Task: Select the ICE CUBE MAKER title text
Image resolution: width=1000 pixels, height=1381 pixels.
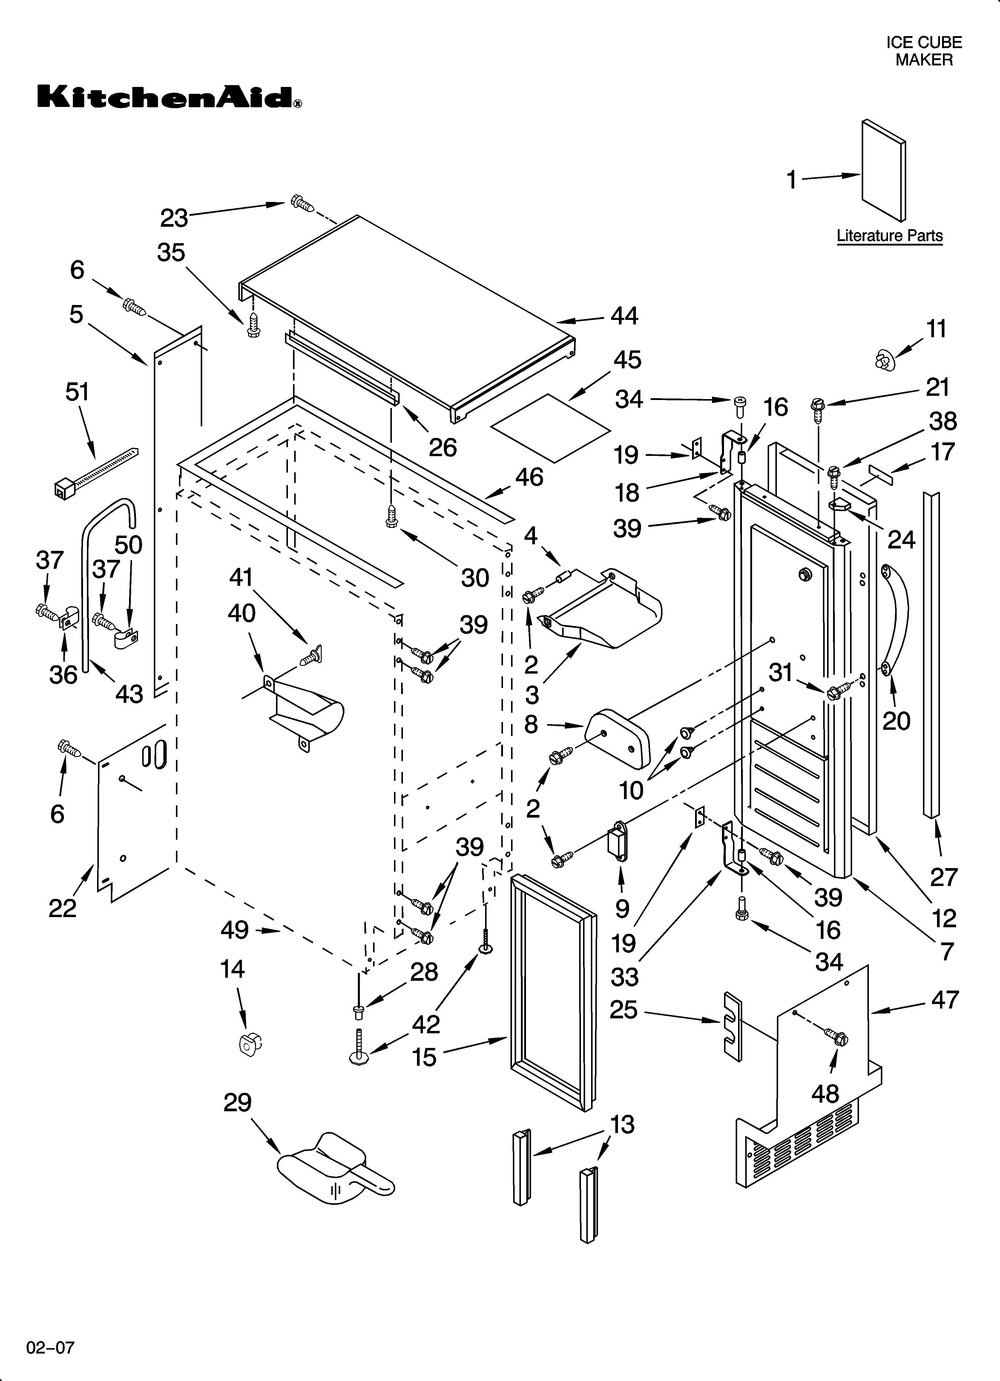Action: [x=923, y=51]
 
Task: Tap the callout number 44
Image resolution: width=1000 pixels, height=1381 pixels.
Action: [x=624, y=316]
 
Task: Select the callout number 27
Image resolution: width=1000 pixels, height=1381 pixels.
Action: [x=943, y=877]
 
